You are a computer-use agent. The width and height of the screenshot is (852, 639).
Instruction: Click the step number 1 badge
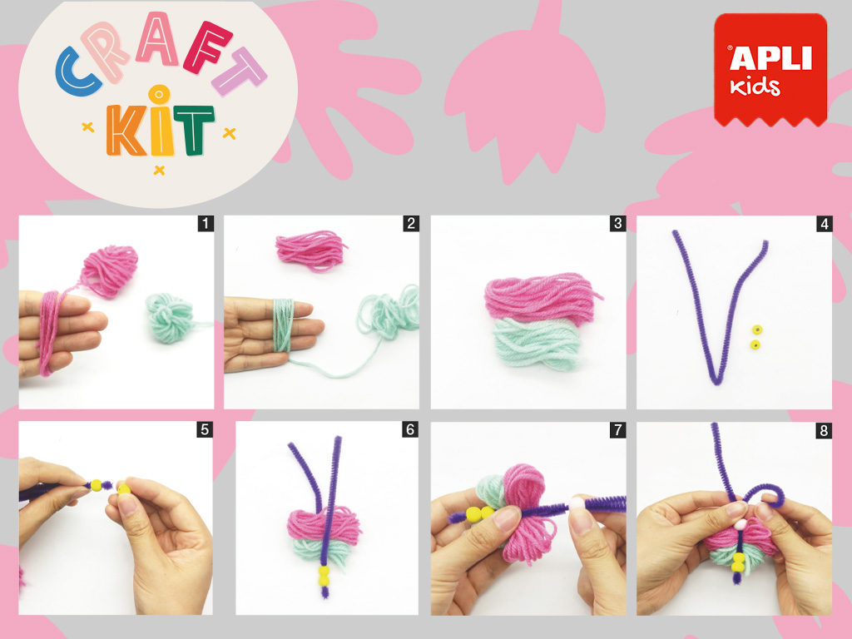205,223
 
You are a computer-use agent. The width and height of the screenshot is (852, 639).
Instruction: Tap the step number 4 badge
825,223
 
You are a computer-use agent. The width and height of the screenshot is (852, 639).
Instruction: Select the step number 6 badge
410,429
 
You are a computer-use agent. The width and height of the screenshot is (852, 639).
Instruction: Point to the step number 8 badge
824,430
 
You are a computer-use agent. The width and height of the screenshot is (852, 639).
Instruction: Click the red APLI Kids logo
770,70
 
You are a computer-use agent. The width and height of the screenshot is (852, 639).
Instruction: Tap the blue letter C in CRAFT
77,72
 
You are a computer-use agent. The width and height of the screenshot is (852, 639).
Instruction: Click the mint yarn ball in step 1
170,318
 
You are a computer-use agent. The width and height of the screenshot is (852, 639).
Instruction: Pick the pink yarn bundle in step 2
311,250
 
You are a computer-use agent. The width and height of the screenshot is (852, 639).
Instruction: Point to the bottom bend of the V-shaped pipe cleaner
717,379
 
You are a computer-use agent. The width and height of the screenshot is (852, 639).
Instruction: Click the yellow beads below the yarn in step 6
324,576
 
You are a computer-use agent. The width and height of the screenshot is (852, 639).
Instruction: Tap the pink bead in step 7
576,503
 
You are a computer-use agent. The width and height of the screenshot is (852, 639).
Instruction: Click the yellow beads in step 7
479,513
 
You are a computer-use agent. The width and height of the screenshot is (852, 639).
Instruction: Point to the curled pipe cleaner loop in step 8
765,492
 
